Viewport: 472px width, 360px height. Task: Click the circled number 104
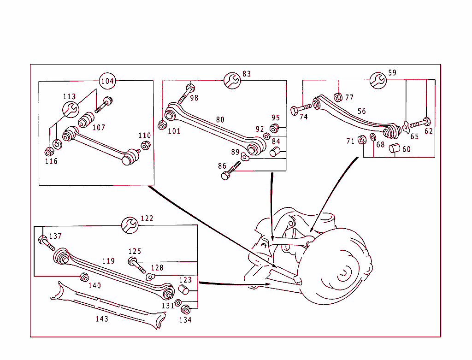tap(107, 81)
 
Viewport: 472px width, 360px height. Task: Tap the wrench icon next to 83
tap(232, 80)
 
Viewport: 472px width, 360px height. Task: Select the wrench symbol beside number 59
tap(378, 80)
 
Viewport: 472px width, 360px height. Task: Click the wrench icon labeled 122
tap(129, 224)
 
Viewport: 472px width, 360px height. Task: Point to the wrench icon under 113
tap(71, 110)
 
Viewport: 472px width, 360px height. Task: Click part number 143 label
tap(102, 319)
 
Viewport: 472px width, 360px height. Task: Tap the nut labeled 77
tap(337, 97)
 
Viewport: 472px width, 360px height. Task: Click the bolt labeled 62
tap(420, 123)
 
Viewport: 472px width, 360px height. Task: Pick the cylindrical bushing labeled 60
tap(395, 148)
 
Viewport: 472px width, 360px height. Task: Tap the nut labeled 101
tap(162, 125)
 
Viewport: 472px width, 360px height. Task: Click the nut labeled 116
tap(49, 152)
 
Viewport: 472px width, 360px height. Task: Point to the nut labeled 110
tap(145, 145)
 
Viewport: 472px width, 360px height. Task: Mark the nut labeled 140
tap(84, 277)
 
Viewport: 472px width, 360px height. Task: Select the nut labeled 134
tap(185, 310)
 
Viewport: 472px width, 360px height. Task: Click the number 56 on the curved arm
tap(362, 111)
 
